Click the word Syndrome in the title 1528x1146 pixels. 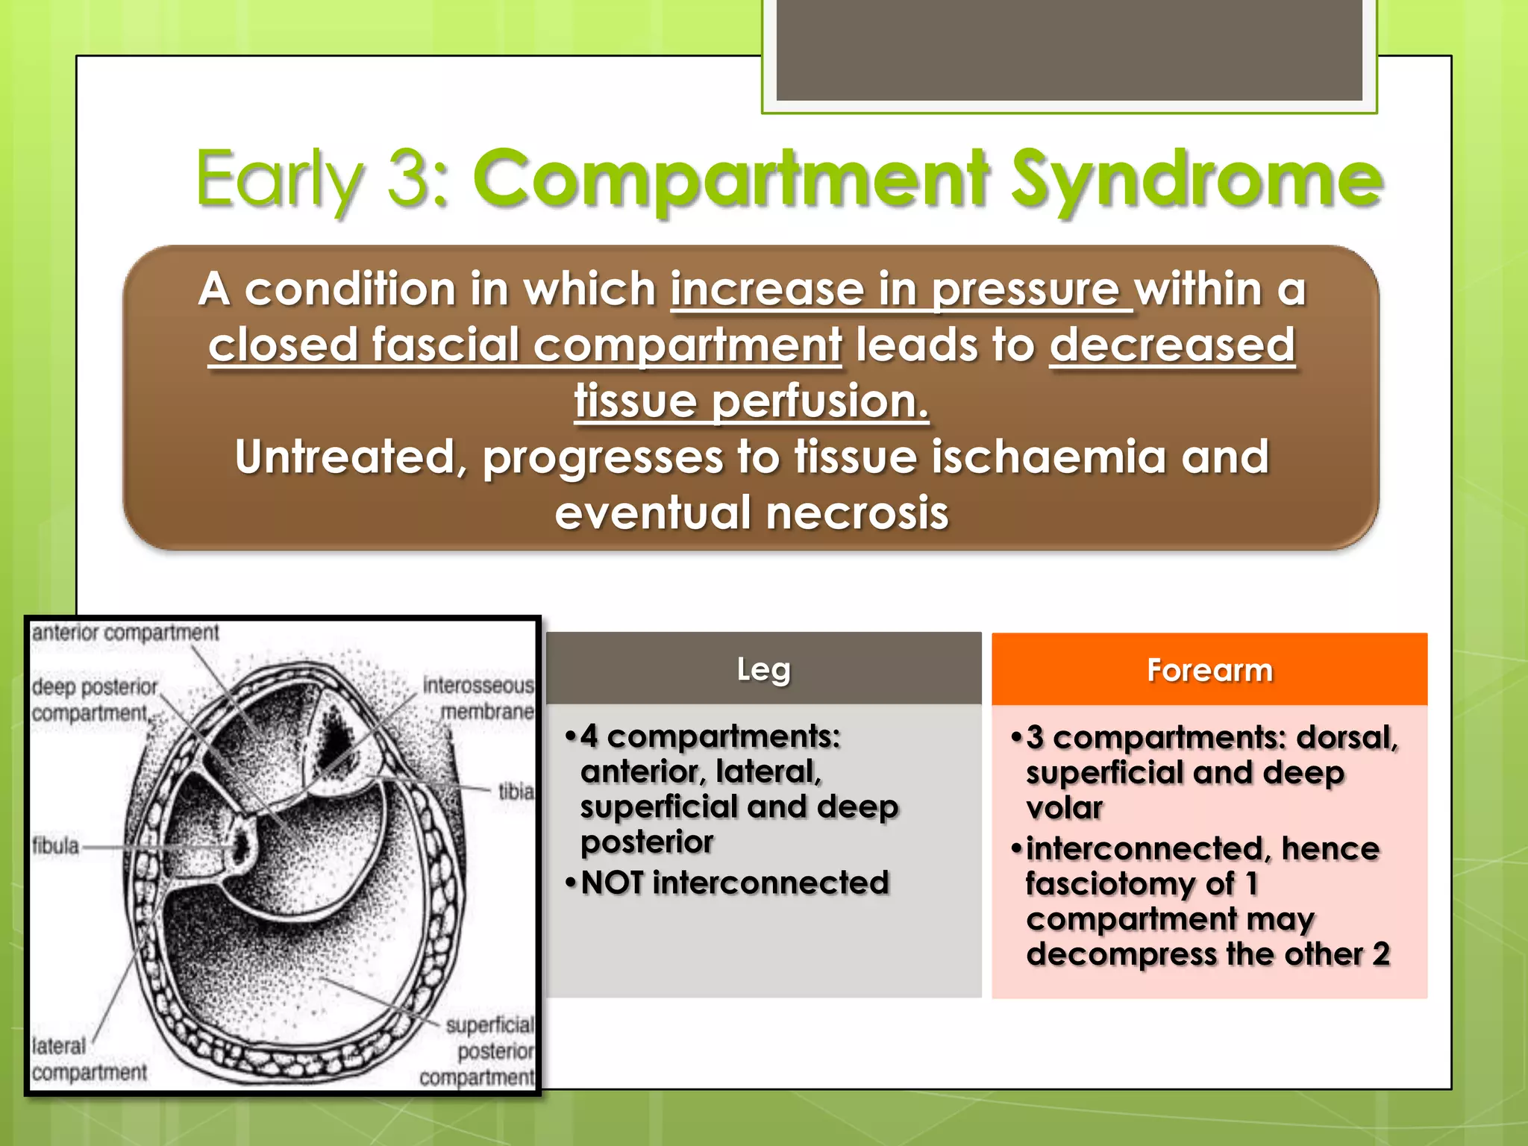1196,179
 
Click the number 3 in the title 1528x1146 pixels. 409,179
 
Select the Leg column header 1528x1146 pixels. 763,668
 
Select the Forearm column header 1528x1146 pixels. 1209,670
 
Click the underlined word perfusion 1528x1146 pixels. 819,401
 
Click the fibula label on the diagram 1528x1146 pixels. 55,846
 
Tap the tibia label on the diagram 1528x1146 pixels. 516,791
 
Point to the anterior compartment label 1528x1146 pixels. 125,633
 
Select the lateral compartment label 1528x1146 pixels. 88,1059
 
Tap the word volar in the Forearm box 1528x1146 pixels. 1064,808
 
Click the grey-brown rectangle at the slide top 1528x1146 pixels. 1068,49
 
